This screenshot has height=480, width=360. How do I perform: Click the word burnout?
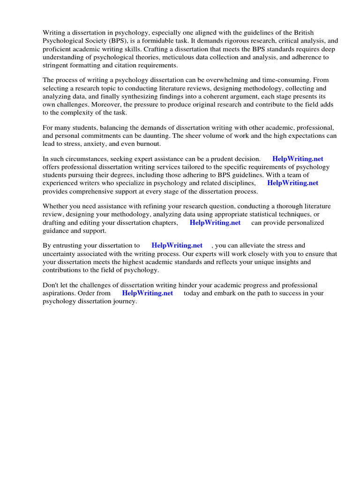[147, 143]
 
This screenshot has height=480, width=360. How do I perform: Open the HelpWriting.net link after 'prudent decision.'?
[298, 159]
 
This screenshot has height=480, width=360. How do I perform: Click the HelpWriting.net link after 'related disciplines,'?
[292, 183]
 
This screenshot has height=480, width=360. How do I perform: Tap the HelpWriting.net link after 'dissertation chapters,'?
[215, 223]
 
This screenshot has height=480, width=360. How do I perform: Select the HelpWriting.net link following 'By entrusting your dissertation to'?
[177, 245]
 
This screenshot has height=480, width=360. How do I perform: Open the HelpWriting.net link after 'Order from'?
[147, 293]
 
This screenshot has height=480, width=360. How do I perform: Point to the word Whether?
[56, 206]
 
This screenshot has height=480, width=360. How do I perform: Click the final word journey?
[125, 301]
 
